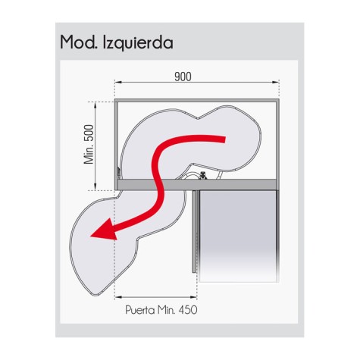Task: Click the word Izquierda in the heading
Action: pyautogui.click(x=138, y=42)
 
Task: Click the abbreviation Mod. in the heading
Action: pyautogui.click(x=79, y=42)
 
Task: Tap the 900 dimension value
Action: pyautogui.click(x=183, y=77)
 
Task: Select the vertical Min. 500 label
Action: pyautogui.click(x=89, y=145)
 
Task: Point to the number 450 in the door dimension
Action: pyautogui.click(x=188, y=310)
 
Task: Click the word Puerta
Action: pyautogui.click(x=140, y=310)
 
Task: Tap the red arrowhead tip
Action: pyautogui.click(x=91, y=236)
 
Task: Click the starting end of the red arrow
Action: pyautogui.click(x=224, y=139)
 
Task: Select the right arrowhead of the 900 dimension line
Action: pyautogui.click(x=275, y=82)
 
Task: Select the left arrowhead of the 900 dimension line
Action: pyautogui.click(x=118, y=82)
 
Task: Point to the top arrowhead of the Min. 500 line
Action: pyautogui.click(x=95, y=105)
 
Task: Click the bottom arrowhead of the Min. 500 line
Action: pyautogui.click(x=95, y=186)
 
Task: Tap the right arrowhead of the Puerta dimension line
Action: pyautogui.click(x=193, y=297)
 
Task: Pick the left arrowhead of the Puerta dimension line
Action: pyautogui.click(x=118, y=297)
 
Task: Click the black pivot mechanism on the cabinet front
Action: pyautogui.click(x=202, y=175)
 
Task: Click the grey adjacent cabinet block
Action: pyautogui.click(x=237, y=236)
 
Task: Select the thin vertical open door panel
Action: pyautogui.click(x=194, y=231)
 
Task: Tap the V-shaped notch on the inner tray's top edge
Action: pyautogui.click(x=199, y=118)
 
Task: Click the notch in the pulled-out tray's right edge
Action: pyautogui.click(x=138, y=239)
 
